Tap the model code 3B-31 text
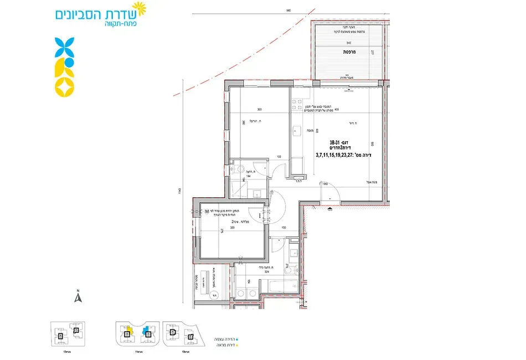tap(338, 141)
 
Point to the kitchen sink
tap(296, 132)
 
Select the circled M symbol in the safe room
tap(207, 212)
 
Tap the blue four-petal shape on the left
tap(65, 47)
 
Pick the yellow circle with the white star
tap(65, 86)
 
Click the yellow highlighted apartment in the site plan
tap(128, 330)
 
